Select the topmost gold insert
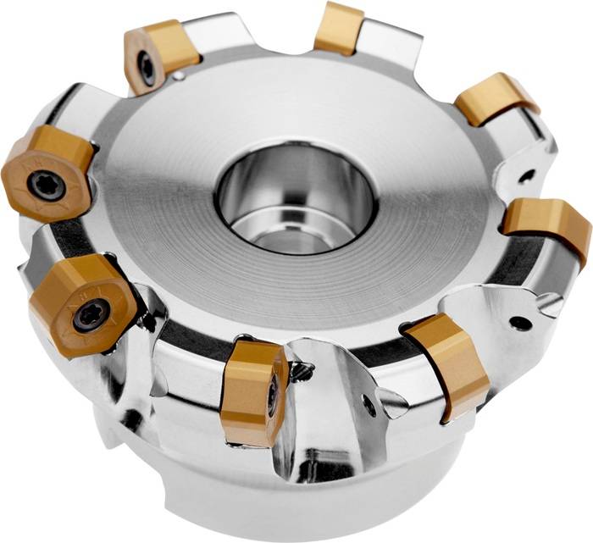tap(339, 28)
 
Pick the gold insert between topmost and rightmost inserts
tap(496, 99)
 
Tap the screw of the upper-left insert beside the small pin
tap(148, 68)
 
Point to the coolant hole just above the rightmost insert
tap(526, 177)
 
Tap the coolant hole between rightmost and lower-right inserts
tap(520, 323)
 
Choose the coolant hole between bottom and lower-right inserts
tap(369, 406)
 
